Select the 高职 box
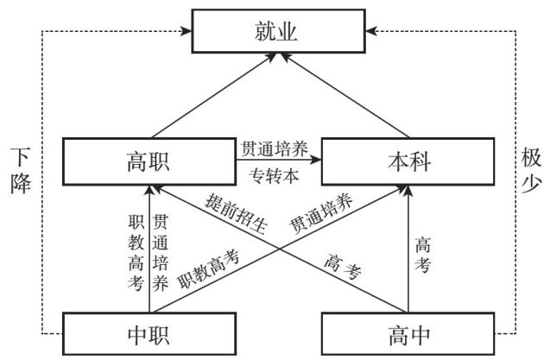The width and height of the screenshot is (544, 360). (150, 161)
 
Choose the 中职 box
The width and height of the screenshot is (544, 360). (150, 332)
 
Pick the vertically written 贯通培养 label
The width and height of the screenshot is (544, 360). (160, 251)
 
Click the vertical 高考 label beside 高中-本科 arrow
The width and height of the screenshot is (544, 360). (422, 256)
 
